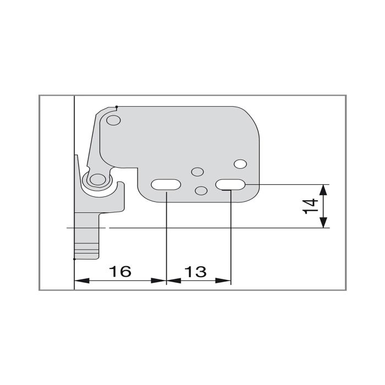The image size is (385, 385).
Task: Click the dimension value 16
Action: pos(120,271)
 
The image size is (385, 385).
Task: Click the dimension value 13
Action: pos(196,271)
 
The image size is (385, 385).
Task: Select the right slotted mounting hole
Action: pos(230,185)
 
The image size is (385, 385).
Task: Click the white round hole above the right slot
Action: pos(240,164)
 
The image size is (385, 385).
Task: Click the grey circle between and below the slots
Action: pos(201,190)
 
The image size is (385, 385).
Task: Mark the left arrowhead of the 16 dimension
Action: pos(79,281)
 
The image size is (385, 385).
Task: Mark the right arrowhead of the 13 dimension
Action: pos(226,281)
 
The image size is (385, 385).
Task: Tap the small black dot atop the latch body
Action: pos(117,106)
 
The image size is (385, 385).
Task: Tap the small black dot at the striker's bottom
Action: pos(74,258)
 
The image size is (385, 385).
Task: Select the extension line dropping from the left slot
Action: pos(166,237)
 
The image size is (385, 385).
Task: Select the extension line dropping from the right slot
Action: pos(230,237)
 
